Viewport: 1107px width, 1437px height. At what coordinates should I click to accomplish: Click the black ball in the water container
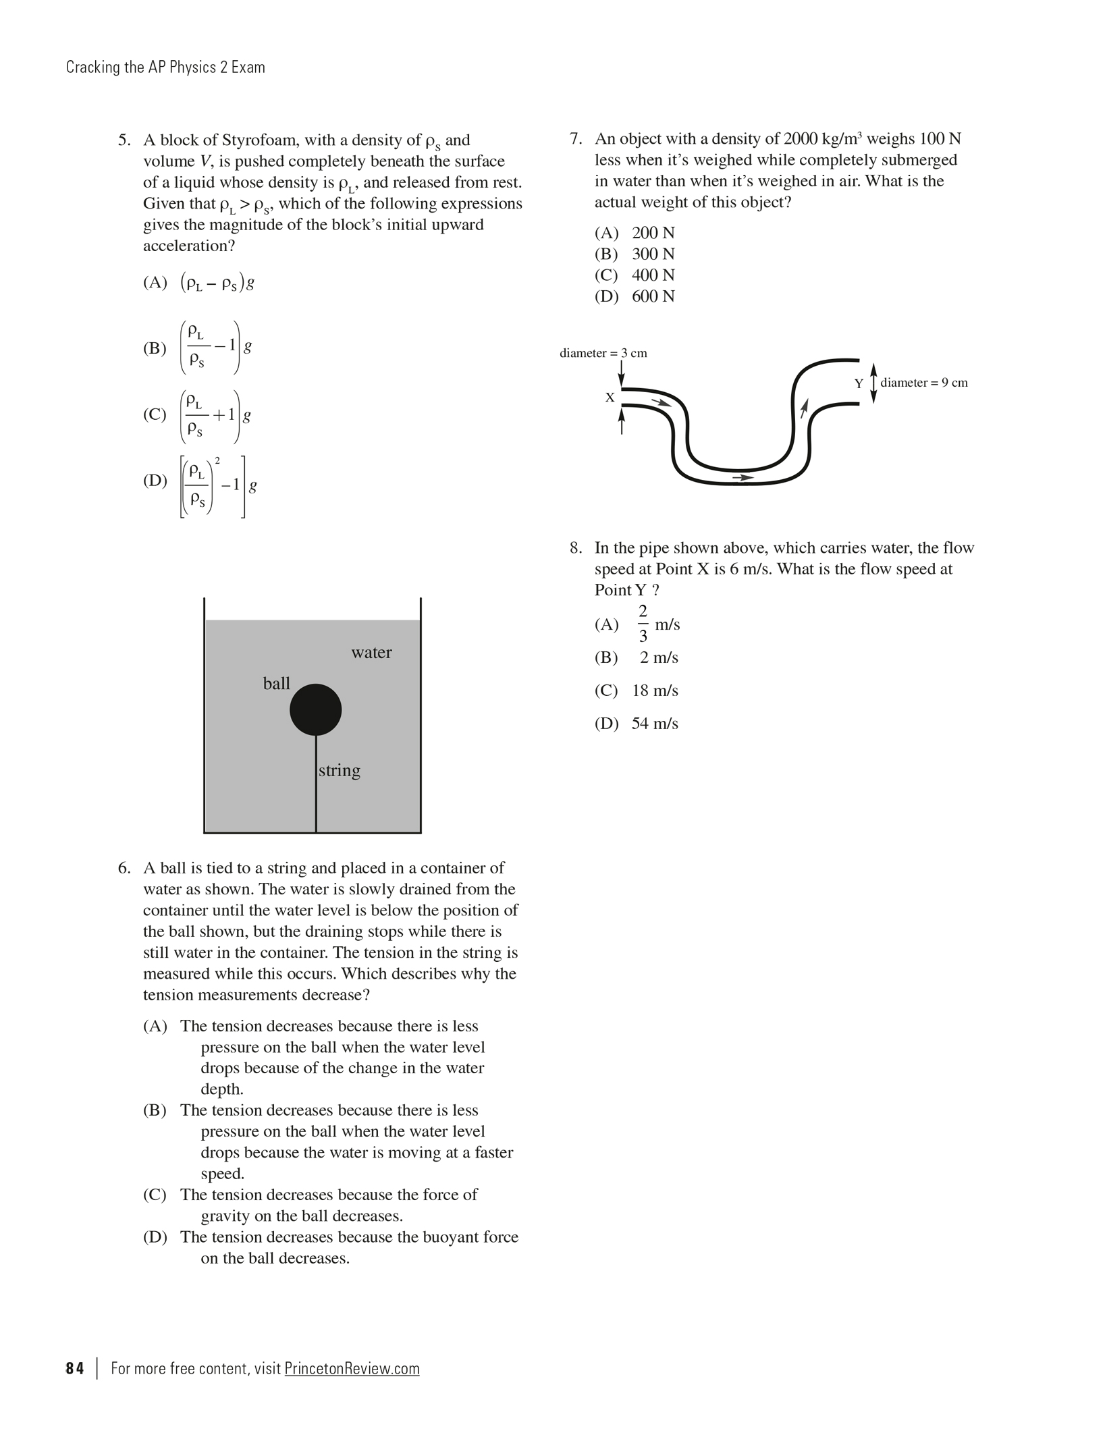click(315, 709)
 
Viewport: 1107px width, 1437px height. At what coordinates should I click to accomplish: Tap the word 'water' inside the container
click(371, 652)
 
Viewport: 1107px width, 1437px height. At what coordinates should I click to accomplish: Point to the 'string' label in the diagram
click(339, 770)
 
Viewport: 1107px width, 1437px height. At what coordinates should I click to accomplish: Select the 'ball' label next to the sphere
click(276, 684)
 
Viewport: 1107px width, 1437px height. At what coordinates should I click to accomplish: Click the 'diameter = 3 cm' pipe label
click(603, 353)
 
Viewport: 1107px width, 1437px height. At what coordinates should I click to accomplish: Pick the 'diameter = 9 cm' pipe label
click(923, 383)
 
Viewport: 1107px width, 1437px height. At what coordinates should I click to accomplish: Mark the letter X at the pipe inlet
click(610, 398)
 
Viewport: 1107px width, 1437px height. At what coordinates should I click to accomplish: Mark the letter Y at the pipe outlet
click(859, 383)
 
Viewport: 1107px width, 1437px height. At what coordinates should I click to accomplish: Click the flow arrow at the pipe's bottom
click(742, 477)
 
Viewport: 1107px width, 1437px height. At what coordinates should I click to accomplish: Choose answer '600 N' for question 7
click(653, 296)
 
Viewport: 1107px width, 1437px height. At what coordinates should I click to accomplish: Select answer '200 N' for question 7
click(653, 233)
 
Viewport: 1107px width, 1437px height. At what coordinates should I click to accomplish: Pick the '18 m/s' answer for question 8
click(655, 690)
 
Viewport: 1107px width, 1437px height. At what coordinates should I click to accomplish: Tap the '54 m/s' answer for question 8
click(655, 724)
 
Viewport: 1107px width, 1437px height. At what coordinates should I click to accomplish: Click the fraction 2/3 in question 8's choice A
click(643, 624)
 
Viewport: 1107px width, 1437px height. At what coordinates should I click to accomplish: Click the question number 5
click(124, 140)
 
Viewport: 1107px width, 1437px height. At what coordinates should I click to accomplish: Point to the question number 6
click(124, 868)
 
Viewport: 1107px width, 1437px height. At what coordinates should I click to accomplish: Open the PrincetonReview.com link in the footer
click(352, 1368)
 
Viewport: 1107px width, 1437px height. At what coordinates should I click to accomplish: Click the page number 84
click(75, 1368)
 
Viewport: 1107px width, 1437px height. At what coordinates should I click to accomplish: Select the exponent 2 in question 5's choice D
click(217, 460)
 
